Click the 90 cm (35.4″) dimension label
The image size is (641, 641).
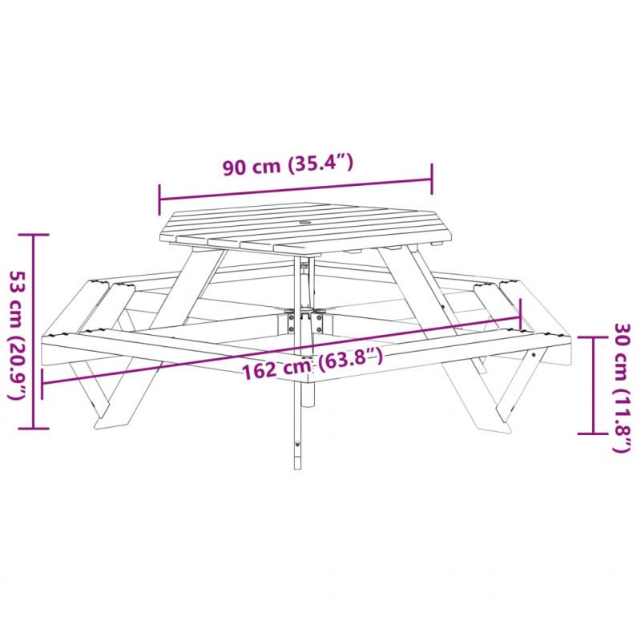[x=288, y=164]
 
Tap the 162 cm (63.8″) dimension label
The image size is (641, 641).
[x=312, y=364]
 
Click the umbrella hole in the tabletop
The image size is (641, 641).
[x=305, y=223]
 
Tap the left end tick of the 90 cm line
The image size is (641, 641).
[x=159, y=200]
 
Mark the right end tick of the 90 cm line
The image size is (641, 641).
[x=432, y=179]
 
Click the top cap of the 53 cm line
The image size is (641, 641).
[x=34, y=235]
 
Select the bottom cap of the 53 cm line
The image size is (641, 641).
[x=34, y=429]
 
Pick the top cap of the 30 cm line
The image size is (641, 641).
[x=593, y=337]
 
